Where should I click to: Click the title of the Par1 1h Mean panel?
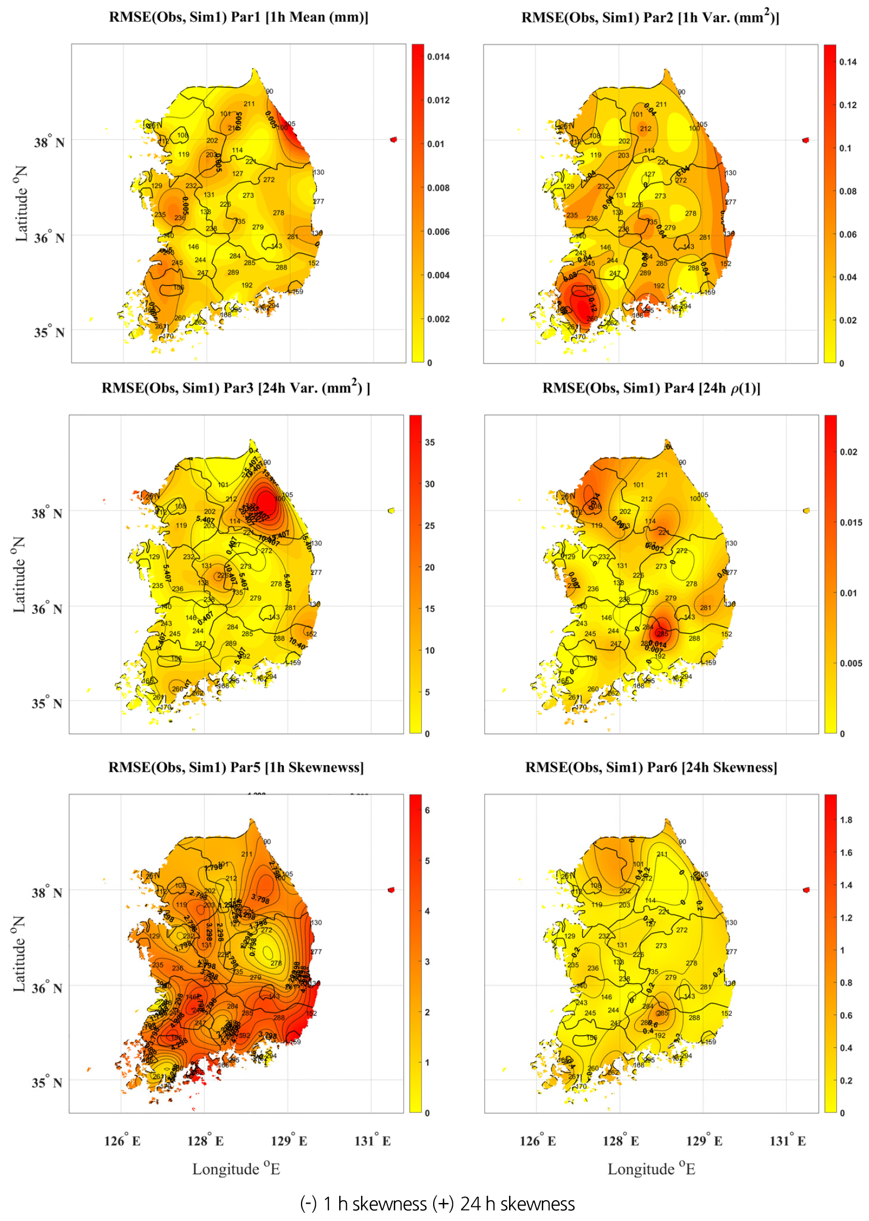pyautogui.click(x=238, y=17)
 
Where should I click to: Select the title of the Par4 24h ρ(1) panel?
pyautogui.click(x=651, y=388)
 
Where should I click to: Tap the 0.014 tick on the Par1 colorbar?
pyautogui.click(x=438, y=57)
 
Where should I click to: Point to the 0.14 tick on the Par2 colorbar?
pyautogui.click(x=848, y=62)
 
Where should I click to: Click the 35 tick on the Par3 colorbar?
pyautogui.click(x=429, y=442)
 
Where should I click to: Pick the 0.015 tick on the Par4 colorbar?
pyautogui.click(x=850, y=523)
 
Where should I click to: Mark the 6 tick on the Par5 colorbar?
pyautogui.click(x=427, y=810)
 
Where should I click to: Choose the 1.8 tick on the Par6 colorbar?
pyautogui.click(x=846, y=820)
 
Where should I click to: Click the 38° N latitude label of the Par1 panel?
pyautogui.click(x=49, y=143)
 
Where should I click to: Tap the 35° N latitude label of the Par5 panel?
pyautogui.click(x=47, y=1082)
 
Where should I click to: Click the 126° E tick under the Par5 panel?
pyautogui.click(x=122, y=1141)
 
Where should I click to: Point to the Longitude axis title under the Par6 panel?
pyautogui.click(x=651, y=1169)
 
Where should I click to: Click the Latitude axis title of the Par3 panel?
pyautogui.click(x=19, y=574)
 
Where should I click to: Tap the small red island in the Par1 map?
pyautogui.click(x=393, y=140)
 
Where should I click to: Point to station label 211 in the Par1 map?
pyautogui.click(x=249, y=104)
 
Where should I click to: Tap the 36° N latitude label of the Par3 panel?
pyautogui.click(x=47, y=609)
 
